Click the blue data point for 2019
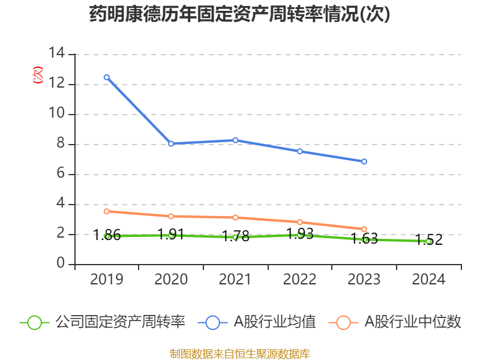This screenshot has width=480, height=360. pyautogui.click(x=106, y=77)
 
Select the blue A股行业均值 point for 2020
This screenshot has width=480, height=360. pyautogui.click(x=171, y=144)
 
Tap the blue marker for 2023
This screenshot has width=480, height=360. pyautogui.click(x=364, y=161)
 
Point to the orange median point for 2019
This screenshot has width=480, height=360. pyautogui.click(x=106, y=211)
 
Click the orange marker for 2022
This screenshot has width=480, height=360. pyautogui.click(x=300, y=223)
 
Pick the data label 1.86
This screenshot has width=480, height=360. pyautogui.click(x=107, y=235)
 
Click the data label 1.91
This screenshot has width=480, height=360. pyautogui.click(x=170, y=234)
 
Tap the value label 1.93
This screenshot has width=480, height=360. pyautogui.click(x=300, y=233)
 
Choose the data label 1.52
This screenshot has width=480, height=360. pyautogui.click(x=428, y=239)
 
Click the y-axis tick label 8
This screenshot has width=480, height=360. pyautogui.click(x=61, y=144)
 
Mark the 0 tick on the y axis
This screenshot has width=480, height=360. pyautogui.click(x=61, y=264)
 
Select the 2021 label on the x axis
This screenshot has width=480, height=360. pyautogui.click(x=235, y=280)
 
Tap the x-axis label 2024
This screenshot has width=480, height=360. pyautogui.click(x=428, y=280)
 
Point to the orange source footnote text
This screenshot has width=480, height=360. pyautogui.click(x=240, y=353)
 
